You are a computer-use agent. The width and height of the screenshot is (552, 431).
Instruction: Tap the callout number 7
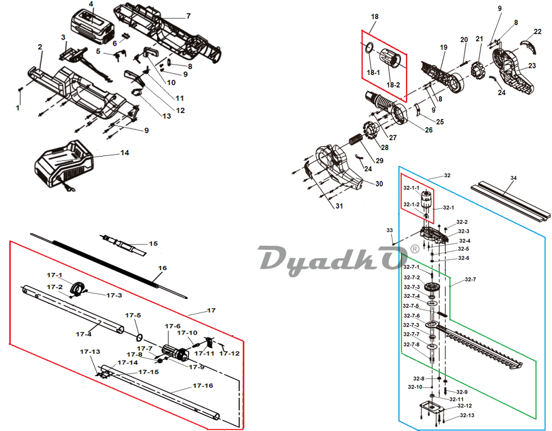coord(188,16)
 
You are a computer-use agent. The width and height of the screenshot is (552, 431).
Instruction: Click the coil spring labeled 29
coord(356,139)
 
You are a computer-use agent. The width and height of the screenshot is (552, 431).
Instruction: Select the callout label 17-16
coord(203,386)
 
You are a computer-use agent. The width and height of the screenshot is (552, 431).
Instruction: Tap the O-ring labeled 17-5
coord(139,338)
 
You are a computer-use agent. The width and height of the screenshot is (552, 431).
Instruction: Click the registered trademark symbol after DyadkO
coord(415,249)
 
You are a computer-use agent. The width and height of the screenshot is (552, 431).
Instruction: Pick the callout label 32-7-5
coord(411,306)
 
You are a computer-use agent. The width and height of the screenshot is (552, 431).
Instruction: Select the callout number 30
coord(379,184)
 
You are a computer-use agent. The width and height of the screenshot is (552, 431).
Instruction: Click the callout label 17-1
coord(54,275)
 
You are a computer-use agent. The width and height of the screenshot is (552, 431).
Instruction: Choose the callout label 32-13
coord(467,415)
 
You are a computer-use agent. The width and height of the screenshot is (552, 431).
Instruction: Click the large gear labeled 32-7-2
coord(431,286)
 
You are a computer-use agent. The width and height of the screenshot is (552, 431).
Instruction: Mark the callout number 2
coord(40,47)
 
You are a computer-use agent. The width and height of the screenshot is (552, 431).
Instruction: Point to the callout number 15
coord(153,243)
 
